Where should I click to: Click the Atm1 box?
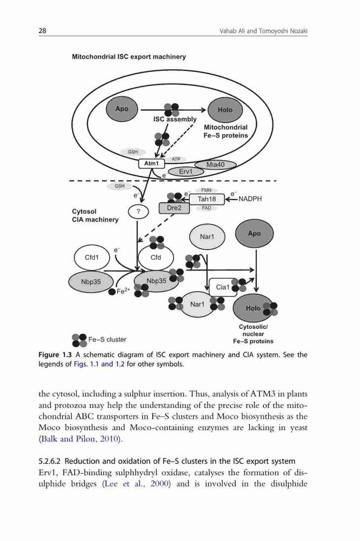(x=151, y=163)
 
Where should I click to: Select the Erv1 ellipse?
(x=186, y=171)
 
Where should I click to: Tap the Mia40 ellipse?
(x=216, y=164)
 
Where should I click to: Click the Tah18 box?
(x=207, y=199)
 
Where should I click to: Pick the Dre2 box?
(x=174, y=208)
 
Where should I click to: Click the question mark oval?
(x=138, y=212)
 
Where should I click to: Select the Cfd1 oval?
(x=92, y=258)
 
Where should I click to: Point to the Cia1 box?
(x=223, y=287)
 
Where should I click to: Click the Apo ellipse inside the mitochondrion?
(x=122, y=109)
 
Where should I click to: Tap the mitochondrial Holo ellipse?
(x=225, y=110)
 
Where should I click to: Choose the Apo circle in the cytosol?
(x=254, y=234)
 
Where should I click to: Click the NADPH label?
(x=250, y=199)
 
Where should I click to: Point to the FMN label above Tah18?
(x=206, y=190)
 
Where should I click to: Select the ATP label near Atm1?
(x=176, y=160)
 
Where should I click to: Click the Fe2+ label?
(x=123, y=291)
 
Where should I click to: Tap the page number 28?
(x=42, y=31)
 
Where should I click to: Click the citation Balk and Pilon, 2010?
(x=81, y=439)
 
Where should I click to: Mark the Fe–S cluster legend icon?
(x=79, y=340)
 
